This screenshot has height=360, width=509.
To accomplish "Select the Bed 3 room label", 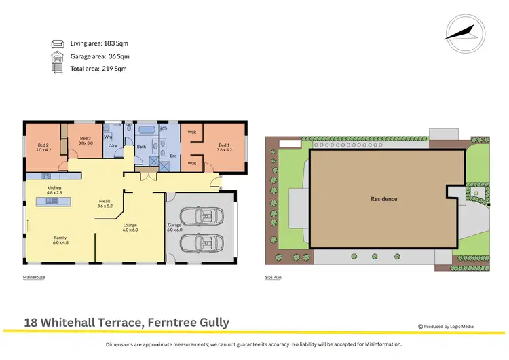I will pos(85,141).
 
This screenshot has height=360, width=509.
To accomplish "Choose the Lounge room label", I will pos(130,226).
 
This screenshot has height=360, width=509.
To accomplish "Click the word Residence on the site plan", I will pos(383,199).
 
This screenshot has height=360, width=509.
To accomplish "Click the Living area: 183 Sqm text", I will pos(100,43).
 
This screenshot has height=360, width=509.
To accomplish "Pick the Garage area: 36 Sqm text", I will pos(100,56).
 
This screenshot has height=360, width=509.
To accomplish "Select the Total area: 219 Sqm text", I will pos(98,68).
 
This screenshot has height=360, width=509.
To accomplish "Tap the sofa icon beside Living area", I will pos(57,43).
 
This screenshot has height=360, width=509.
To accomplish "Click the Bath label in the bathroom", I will pos(141,147).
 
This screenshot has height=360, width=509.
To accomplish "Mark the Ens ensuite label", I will pos(173,156).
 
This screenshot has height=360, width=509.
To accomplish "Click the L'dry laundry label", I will pos(113,146).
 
